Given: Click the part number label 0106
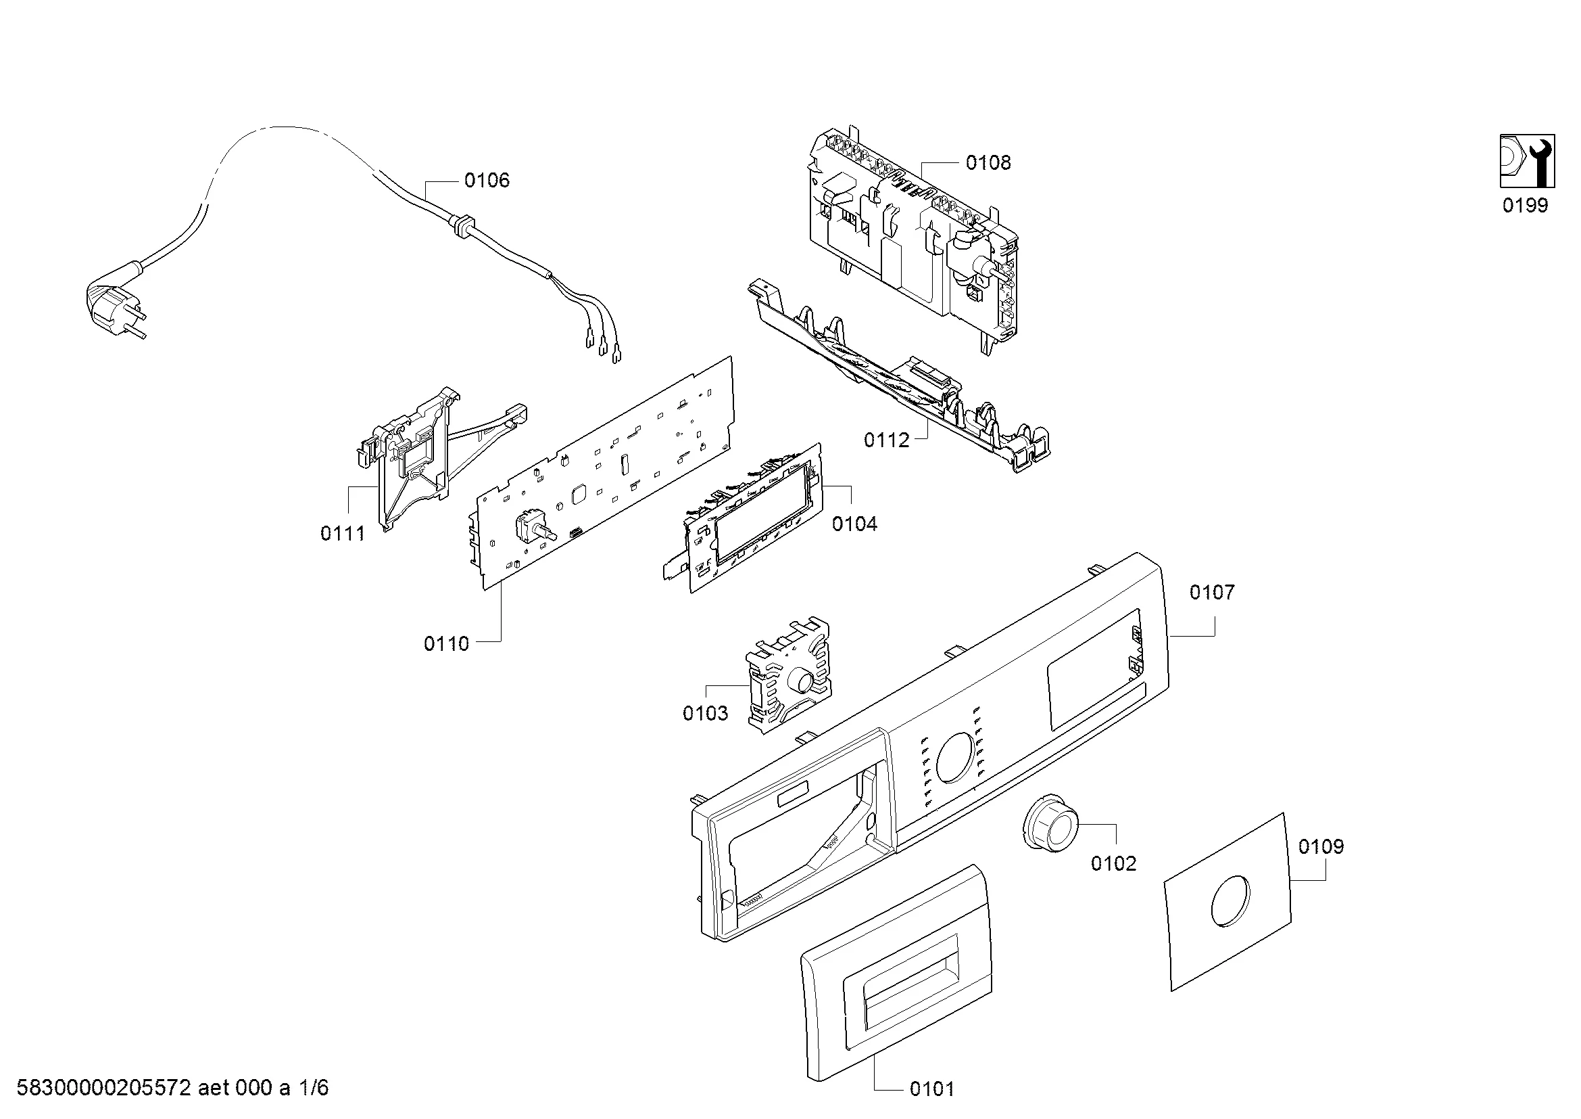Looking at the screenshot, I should (486, 181).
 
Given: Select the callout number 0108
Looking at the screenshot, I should (988, 163).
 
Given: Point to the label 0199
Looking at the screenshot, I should (1525, 206).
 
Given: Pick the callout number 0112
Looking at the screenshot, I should (886, 440).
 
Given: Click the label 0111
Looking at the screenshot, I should (342, 533).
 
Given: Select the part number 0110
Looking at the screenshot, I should (446, 643).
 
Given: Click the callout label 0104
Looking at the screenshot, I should (854, 524).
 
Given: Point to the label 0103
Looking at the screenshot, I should (705, 713).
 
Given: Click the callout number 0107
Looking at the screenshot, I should (1212, 593).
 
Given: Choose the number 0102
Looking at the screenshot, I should (1113, 863).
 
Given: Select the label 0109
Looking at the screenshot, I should (1321, 846).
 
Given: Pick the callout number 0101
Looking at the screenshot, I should (931, 1089).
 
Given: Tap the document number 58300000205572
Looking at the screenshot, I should (103, 1089).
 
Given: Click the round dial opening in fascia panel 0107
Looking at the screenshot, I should (955, 758).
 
